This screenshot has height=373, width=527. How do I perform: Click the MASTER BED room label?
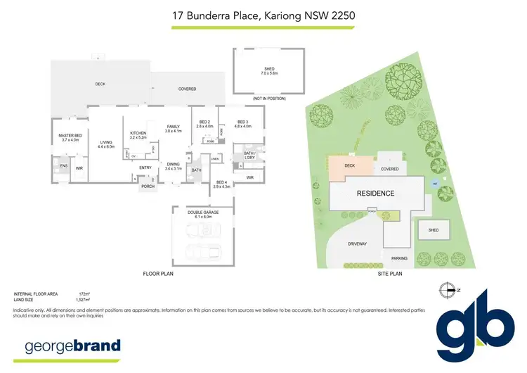click(x=70, y=135)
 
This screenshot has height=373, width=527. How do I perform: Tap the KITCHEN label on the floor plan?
click(x=138, y=133)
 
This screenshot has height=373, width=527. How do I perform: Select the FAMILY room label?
click(x=173, y=127)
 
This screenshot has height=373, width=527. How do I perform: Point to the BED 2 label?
click(x=204, y=122)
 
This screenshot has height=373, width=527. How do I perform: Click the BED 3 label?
click(x=243, y=122)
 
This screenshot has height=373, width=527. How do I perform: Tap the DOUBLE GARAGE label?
click(x=204, y=212)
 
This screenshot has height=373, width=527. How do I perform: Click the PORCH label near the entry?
click(x=148, y=186)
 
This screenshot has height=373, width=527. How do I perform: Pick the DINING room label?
click(x=173, y=165)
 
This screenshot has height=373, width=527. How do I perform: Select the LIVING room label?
click(x=105, y=142)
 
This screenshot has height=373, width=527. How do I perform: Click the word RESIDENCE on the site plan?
click(x=375, y=194)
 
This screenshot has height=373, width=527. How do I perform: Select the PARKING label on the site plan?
click(x=400, y=258)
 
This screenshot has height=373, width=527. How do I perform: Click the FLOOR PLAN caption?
click(x=157, y=273)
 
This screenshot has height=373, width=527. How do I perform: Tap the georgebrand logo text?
click(x=72, y=346)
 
